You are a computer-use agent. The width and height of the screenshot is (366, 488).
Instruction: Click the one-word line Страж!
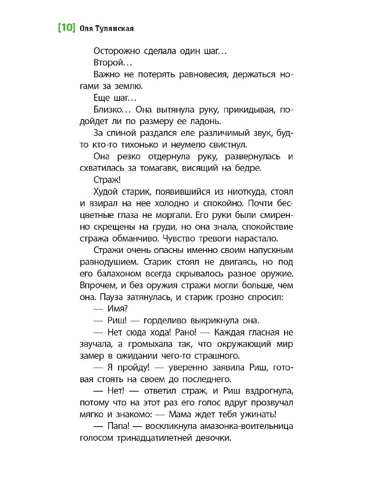(104, 180)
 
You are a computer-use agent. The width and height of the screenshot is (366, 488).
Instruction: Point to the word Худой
(107, 192)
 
